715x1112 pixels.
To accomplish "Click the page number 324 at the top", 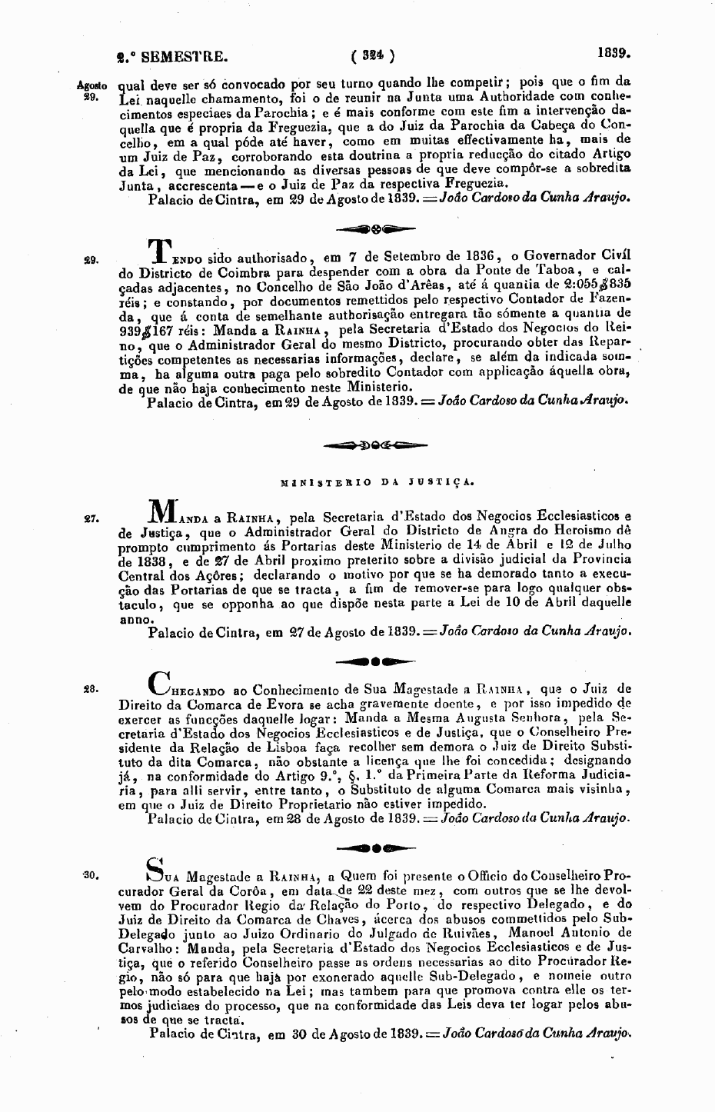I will point(372,55).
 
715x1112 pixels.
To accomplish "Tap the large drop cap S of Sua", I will point(153,868).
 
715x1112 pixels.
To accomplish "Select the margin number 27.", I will point(88,519).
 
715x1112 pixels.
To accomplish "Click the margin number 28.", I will point(88,690).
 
